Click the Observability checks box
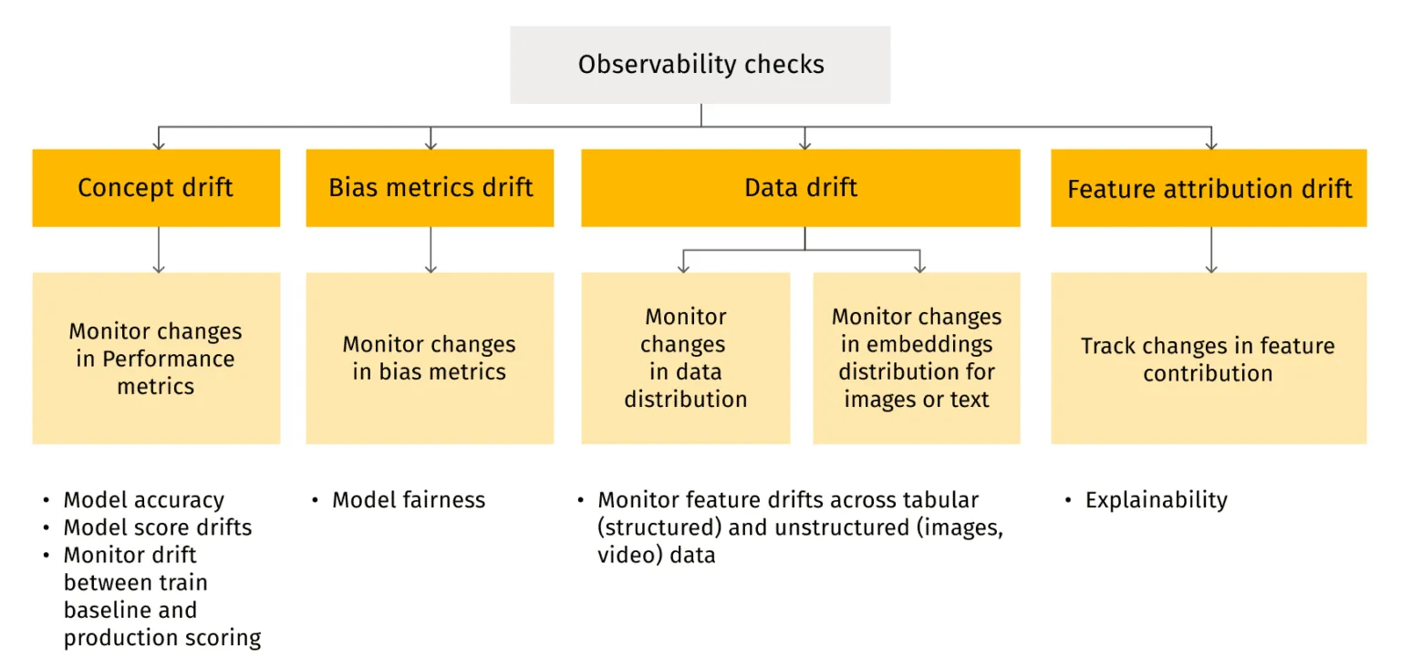click(700, 65)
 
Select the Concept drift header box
click(156, 188)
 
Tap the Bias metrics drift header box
click(430, 188)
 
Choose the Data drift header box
click(801, 188)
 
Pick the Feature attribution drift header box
click(1209, 188)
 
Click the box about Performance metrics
click(156, 358)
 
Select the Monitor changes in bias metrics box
click(430, 358)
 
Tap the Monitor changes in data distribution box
click(686, 358)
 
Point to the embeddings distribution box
click(917, 358)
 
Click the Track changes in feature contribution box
click(1209, 358)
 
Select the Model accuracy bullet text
click(143, 500)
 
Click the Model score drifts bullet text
click(157, 527)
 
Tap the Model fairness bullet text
click(409, 500)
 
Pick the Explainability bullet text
click(1156, 500)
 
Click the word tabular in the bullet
click(943, 500)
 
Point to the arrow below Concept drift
click(159, 250)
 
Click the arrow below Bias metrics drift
click(431, 250)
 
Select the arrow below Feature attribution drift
click(1211, 250)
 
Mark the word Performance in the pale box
click(168, 359)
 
